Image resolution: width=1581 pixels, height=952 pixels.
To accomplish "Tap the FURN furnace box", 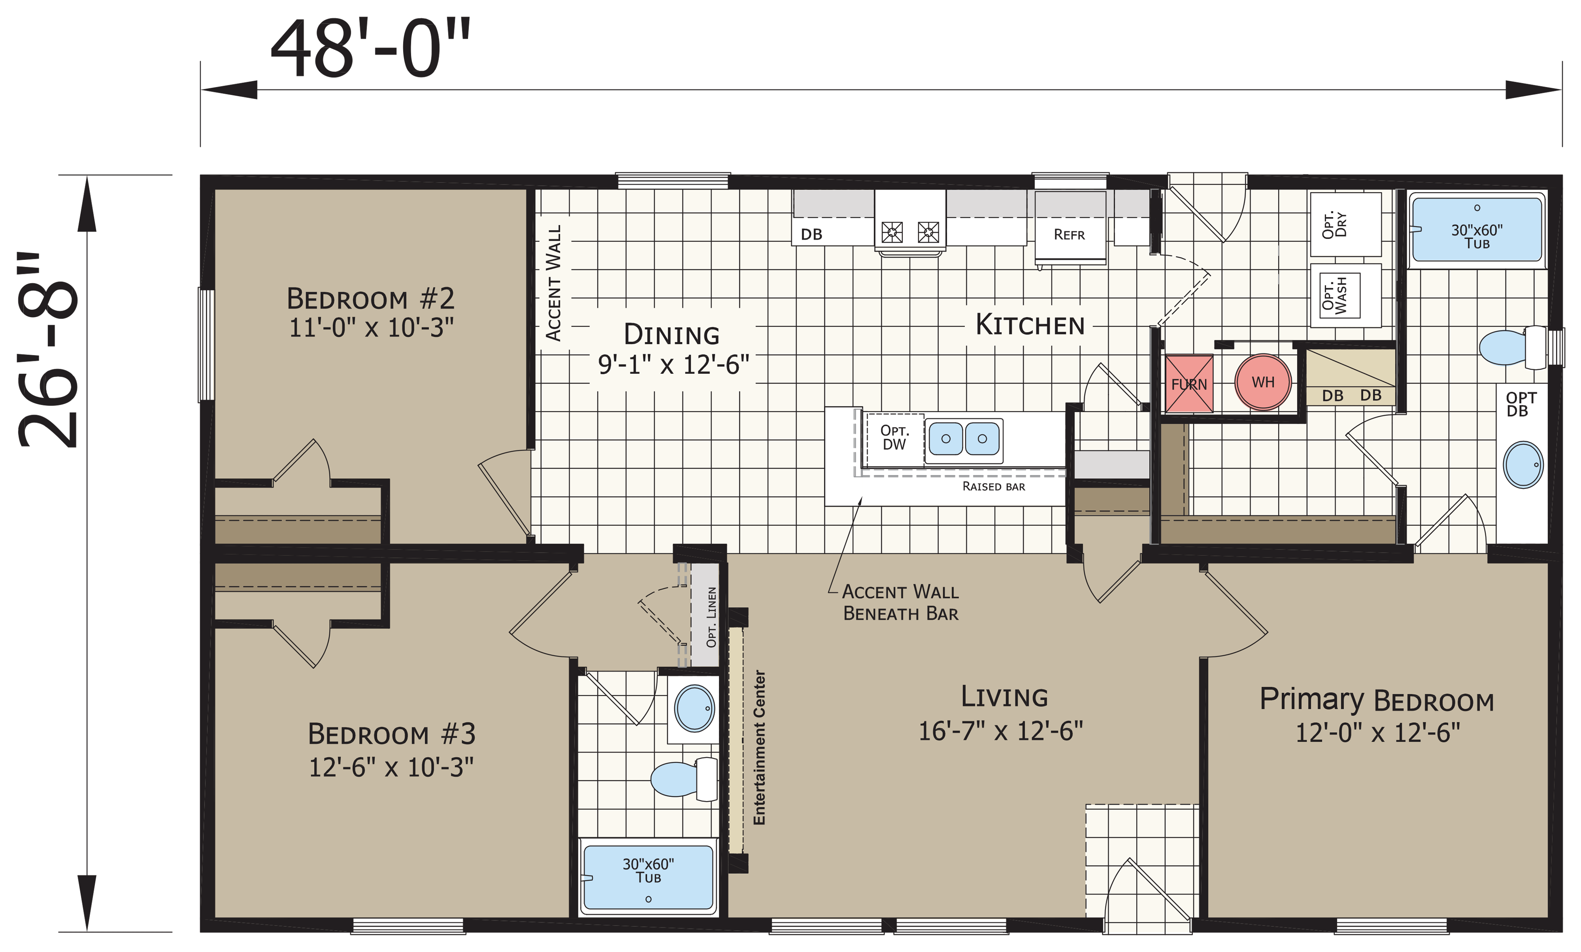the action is [x=1189, y=384].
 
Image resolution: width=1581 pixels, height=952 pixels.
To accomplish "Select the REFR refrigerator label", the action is [x=1069, y=235].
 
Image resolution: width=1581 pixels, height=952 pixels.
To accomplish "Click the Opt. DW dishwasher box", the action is [x=895, y=440].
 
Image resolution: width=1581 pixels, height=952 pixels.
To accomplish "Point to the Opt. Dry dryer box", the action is [x=1345, y=224].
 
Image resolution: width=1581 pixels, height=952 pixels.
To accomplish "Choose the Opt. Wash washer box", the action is [x=1345, y=296].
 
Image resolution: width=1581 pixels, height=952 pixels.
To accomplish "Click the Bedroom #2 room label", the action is [x=371, y=298].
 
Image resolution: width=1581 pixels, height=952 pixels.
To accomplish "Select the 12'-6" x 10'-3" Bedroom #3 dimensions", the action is [x=391, y=767].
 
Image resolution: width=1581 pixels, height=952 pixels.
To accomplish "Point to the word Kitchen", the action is [x=1030, y=325].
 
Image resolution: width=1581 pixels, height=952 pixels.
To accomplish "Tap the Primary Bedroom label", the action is [x=1376, y=700].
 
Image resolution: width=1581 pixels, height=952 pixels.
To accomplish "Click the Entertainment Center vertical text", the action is [x=759, y=747].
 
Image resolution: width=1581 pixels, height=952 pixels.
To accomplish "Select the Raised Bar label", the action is [x=994, y=486].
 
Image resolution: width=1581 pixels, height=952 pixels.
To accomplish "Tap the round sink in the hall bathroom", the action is [x=694, y=708].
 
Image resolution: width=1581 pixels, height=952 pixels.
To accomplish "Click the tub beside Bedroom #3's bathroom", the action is [x=648, y=877].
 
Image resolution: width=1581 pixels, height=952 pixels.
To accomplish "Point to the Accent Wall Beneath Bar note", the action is [x=900, y=602].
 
